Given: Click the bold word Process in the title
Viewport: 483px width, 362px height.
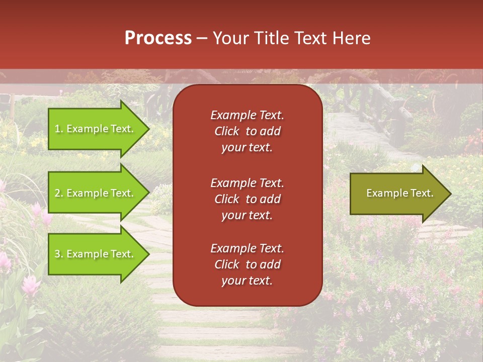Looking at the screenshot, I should tap(158, 38).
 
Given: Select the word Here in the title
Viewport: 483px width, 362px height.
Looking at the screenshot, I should tap(352, 38).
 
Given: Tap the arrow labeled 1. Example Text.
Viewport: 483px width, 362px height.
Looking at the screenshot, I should tap(96, 129).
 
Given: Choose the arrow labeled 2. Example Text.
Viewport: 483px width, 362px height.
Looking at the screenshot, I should tap(96, 193).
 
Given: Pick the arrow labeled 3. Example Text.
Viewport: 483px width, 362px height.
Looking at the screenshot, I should tap(96, 254).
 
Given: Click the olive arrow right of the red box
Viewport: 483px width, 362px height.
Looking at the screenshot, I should tap(397, 194).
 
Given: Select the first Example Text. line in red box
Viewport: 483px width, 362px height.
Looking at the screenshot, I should tap(247, 115).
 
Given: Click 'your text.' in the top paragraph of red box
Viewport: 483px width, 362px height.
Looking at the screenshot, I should tap(247, 148).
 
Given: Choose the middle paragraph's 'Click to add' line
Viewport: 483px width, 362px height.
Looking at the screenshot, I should tap(247, 199).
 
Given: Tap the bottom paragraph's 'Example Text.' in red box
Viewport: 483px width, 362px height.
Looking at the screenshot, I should tap(247, 248).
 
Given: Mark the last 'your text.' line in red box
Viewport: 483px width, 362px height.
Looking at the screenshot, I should tap(247, 281).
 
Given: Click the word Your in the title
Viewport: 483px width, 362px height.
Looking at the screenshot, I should tap(230, 38).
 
